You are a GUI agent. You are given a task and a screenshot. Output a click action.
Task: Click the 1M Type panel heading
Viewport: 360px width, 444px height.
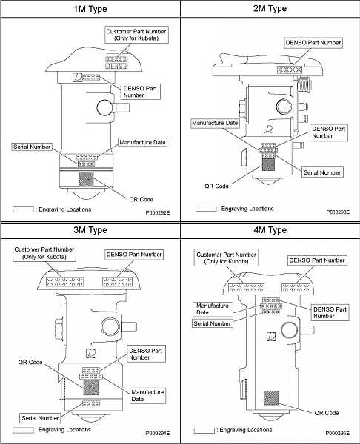(x=90, y=9)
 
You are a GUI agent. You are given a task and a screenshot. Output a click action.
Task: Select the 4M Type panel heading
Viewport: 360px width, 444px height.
(x=270, y=229)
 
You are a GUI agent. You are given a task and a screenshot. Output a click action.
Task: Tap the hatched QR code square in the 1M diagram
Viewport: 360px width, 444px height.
(x=86, y=179)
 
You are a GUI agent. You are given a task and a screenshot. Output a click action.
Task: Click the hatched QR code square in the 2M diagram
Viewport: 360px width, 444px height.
(x=268, y=164)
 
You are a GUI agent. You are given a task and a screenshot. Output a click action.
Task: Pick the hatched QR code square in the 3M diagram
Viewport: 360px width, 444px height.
(x=91, y=387)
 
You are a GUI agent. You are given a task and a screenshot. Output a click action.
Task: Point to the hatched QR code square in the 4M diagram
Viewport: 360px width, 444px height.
(x=271, y=398)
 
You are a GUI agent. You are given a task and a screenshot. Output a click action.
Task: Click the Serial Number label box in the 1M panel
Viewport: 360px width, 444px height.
(x=32, y=147)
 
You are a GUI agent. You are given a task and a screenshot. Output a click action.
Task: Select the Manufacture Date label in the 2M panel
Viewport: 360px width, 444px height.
(x=215, y=123)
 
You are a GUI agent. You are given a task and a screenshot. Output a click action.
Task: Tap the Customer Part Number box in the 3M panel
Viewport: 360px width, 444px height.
(x=44, y=253)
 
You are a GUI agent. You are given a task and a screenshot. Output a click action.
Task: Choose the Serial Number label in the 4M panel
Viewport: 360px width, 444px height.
(x=213, y=323)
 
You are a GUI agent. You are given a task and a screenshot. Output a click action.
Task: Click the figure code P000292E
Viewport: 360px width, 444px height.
(x=158, y=212)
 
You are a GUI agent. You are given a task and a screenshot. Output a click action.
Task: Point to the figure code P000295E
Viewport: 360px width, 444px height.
(x=337, y=433)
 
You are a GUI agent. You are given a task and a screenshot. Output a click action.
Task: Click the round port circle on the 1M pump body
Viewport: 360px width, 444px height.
(x=105, y=107)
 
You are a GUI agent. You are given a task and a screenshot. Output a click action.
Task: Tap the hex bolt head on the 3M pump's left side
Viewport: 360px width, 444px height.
(x=59, y=329)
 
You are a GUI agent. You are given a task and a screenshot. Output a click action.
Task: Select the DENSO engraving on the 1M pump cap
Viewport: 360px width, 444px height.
(x=116, y=67)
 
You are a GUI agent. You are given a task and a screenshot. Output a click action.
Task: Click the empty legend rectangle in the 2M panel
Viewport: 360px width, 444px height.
(x=206, y=209)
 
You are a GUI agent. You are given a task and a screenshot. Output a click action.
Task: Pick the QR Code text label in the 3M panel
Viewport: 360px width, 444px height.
(x=30, y=362)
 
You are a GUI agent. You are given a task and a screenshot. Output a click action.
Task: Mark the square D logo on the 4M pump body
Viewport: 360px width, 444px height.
(x=271, y=336)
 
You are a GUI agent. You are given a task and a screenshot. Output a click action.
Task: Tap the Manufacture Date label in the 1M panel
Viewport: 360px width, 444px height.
(x=142, y=142)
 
